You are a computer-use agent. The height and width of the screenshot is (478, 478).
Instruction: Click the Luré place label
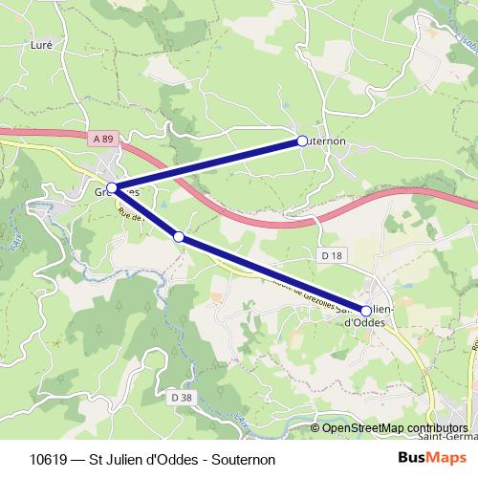tap(41, 44)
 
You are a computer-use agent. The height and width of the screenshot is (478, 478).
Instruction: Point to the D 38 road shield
tap(180, 396)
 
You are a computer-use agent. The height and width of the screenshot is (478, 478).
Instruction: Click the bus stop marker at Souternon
tap(302, 141)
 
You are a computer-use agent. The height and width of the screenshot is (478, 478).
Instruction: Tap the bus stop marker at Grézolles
tap(113, 188)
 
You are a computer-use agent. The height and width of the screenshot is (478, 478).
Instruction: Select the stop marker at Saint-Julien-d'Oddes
tap(366, 310)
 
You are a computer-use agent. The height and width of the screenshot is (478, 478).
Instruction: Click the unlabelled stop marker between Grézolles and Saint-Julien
tap(179, 235)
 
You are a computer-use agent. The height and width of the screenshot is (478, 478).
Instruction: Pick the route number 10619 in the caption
tap(49, 459)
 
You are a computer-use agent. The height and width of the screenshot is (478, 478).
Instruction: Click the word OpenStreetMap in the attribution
tap(359, 428)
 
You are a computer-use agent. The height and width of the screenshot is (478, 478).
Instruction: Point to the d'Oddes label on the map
tap(364, 322)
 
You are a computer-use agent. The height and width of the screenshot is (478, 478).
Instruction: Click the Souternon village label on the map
tap(327, 141)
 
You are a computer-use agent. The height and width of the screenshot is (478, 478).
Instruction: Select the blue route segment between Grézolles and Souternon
tap(207, 164)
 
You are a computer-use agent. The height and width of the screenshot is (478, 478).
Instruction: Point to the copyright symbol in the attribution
tap(315, 428)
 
